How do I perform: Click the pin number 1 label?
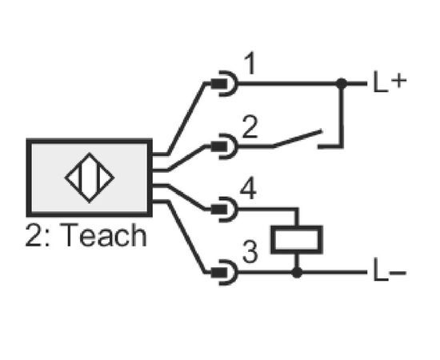[250, 63]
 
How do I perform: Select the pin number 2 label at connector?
[250, 127]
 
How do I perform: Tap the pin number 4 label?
[248, 188]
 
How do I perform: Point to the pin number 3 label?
[250, 251]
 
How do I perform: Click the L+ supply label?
[390, 82]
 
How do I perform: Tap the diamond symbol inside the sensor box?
[90, 178]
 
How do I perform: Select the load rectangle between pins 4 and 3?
[297, 240]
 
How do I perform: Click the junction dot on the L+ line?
[342, 83]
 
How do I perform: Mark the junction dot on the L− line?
[297, 272]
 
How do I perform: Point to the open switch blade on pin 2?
[297, 138]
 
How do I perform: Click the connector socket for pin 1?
[225, 83]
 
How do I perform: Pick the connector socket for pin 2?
[225, 146]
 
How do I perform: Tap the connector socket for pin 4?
[225, 210]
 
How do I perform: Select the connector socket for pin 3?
[225, 272]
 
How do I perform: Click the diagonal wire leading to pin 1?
[186, 118]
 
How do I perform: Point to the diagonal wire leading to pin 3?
[186, 237]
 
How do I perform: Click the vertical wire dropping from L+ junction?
[342, 115]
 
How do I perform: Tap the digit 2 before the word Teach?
[34, 235]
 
